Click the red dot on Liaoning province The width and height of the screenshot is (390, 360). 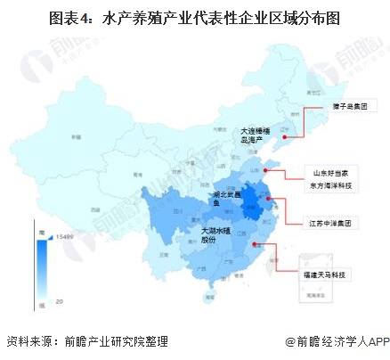tap(286, 128)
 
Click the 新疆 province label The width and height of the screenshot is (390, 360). tap(64, 135)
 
